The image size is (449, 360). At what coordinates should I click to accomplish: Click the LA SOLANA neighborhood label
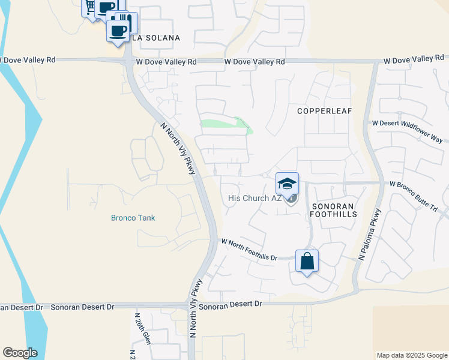155,38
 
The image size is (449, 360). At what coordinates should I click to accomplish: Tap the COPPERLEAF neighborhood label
325,111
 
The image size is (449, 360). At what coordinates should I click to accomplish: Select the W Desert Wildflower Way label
408,130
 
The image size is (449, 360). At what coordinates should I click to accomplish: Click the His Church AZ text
255,198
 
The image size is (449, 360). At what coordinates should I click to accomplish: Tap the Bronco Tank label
133,218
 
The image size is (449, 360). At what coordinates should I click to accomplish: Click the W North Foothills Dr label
249,250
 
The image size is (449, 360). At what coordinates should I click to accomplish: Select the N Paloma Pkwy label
370,234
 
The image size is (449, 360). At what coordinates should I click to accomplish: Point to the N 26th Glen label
142,329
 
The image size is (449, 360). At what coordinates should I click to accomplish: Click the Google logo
20,353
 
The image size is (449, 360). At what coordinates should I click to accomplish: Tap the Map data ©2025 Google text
412,355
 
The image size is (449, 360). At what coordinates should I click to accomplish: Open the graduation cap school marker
287,183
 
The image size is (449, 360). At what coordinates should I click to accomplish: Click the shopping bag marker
307,262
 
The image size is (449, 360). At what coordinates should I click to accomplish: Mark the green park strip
226,124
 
